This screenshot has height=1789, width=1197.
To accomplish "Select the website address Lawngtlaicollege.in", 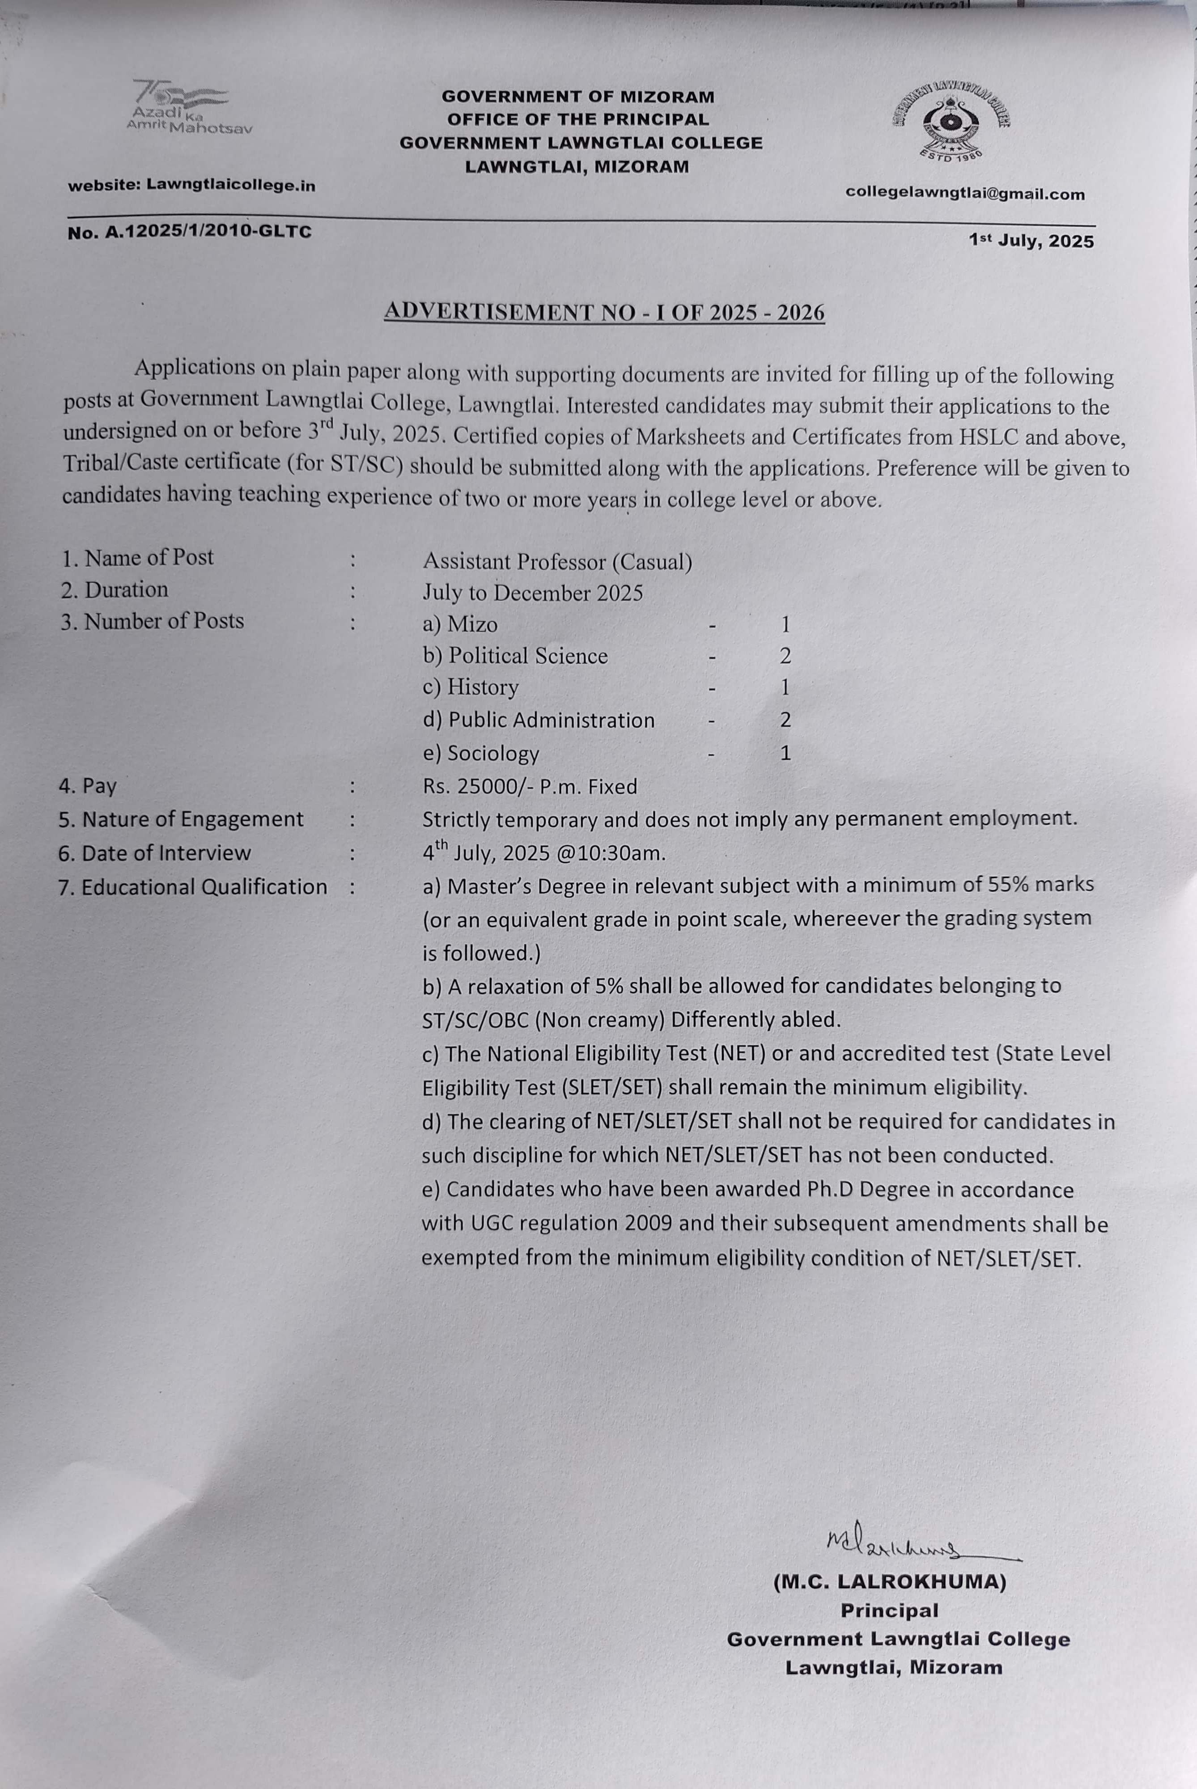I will pos(230,185).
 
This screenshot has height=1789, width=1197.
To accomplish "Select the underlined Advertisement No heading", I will pos(604,312).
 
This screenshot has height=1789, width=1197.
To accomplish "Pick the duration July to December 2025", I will pos(533,593).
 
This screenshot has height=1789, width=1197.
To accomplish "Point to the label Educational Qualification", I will pos(204,887).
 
